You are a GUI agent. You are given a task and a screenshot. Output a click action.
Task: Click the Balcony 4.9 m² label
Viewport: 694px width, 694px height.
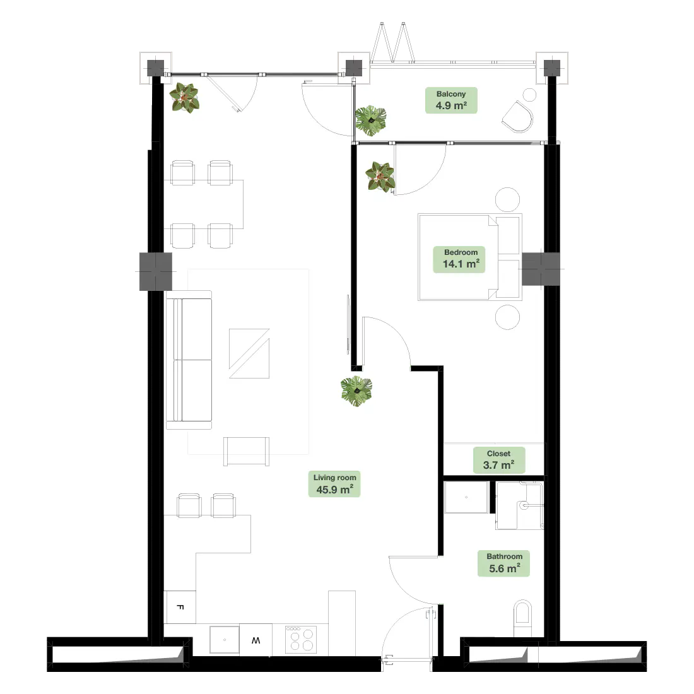(451, 100)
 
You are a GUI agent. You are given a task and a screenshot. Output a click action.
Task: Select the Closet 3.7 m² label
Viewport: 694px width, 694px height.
(499, 460)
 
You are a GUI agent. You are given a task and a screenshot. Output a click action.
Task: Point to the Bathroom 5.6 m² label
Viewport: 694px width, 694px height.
(503, 563)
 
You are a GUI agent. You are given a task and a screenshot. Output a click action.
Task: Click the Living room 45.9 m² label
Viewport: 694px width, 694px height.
(334, 484)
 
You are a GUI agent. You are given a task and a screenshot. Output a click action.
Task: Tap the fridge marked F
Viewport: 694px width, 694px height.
(180, 607)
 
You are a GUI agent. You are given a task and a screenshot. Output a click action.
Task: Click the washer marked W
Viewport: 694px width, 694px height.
(256, 640)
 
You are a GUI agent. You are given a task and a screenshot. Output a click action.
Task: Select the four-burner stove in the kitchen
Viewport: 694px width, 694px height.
(301, 639)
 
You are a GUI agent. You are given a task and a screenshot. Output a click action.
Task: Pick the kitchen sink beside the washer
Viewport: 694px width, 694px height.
(225, 640)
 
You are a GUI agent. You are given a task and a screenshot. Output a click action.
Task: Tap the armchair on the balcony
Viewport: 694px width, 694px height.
(518, 117)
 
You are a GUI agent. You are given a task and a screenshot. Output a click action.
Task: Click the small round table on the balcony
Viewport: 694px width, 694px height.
(529, 95)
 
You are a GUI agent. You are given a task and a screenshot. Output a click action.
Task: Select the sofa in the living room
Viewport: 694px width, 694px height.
(189, 360)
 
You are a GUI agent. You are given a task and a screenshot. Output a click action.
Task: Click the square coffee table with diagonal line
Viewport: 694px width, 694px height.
(249, 353)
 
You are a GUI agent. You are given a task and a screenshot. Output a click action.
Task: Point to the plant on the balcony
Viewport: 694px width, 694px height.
(371, 121)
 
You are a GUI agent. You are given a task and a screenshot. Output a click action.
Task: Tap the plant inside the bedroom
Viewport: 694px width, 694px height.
(380, 177)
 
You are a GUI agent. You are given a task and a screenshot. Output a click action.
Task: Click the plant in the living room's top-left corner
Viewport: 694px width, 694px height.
(185, 98)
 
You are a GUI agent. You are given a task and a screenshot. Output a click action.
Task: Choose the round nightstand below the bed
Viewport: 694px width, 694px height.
(508, 317)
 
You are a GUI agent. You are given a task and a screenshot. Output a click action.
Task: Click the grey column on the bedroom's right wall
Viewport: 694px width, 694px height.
(541, 269)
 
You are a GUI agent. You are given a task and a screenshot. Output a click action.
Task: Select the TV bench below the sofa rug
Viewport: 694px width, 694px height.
(246, 451)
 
